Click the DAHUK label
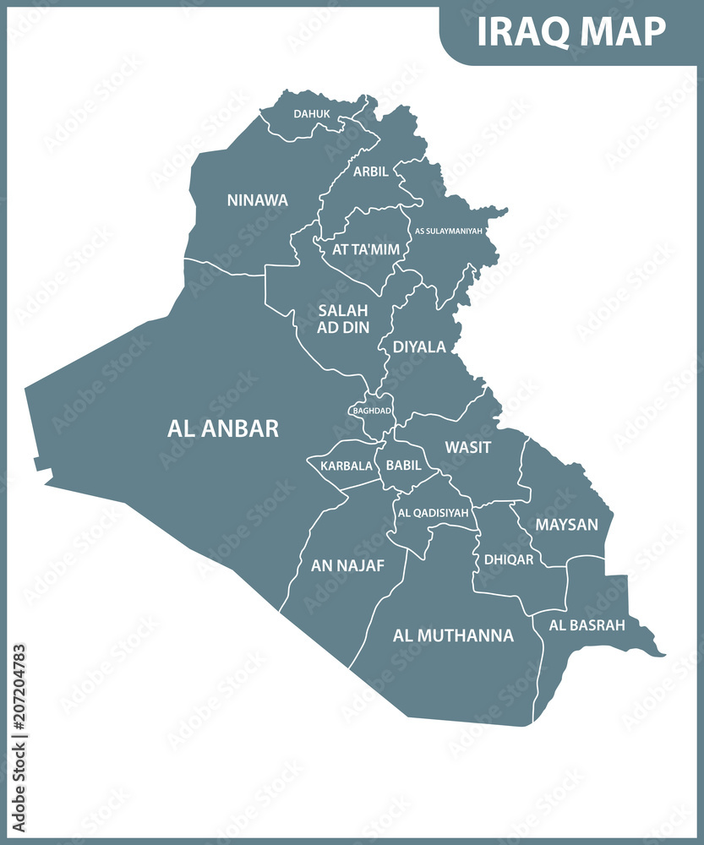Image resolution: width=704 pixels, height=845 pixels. click(x=311, y=113)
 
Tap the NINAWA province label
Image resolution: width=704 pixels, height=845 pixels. click(x=257, y=200)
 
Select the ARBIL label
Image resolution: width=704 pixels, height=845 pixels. click(x=371, y=172)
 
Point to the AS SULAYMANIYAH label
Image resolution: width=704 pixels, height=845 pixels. click(x=448, y=230)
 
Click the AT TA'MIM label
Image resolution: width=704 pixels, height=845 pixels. click(x=366, y=249)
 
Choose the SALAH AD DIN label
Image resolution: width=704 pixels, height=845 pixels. click(x=343, y=319)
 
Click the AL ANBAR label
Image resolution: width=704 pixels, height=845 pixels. click(x=223, y=428)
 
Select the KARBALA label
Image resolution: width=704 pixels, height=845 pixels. click(x=346, y=466)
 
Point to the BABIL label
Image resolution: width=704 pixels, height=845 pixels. click(x=403, y=465)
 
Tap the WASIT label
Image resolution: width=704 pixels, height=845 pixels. click(x=467, y=447)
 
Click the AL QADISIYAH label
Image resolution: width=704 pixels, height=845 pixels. click(x=432, y=512)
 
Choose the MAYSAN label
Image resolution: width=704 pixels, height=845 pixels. click(x=566, y=525)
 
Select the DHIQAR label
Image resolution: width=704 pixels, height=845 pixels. click(x=509, y=559)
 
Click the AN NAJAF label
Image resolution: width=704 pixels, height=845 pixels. click(x=347, y=565)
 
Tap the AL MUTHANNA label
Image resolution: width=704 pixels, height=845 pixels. click(x=453, y=635)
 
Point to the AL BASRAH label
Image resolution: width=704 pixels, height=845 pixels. click(x=587, y=625)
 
